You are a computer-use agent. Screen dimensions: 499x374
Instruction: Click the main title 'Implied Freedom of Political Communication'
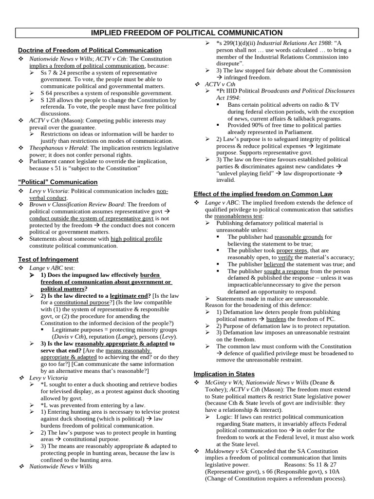click(187, 33)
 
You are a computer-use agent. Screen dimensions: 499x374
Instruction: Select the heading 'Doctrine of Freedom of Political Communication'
click(90, 50)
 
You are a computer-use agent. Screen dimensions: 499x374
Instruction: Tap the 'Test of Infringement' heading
click(48, 259)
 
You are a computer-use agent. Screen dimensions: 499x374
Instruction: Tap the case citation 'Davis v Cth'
click(66, 336)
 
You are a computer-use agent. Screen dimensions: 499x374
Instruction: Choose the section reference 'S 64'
click(47, 93)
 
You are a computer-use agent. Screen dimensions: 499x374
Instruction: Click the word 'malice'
click(266, 298)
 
